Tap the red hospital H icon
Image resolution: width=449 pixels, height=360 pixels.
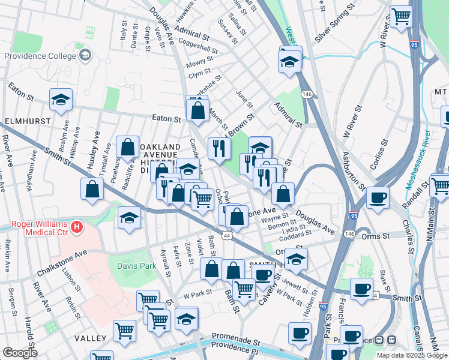(x=76, y=227)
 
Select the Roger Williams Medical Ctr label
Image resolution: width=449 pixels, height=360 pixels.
(x=35, y=227)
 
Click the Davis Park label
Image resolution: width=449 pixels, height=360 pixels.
(x=129, y=263)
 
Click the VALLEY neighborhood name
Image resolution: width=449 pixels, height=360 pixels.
(x=90, y=338)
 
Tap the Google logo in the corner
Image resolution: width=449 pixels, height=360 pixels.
(x=20, y=353)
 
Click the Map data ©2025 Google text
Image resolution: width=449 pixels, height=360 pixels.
(x=411, y=355)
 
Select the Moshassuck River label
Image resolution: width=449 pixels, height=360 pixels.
(x=417, y=159)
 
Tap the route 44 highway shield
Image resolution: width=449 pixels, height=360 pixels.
(x=227, y=236)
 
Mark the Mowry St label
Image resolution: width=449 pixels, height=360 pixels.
(x=200, y=62)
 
